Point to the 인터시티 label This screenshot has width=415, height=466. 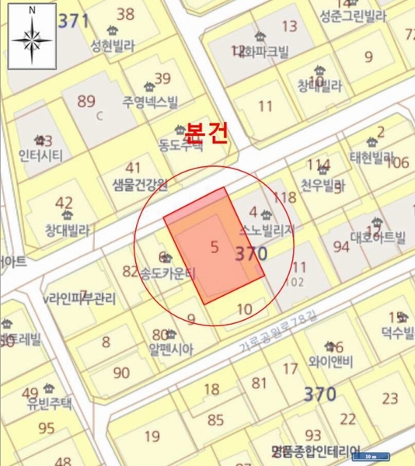pyautogui.click(x=40, y=155)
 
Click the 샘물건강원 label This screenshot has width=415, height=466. pyautogui.click(x=135, y=184)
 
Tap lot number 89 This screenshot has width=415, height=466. pyautogui.click(x=86, y=101)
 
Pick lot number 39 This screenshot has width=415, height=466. pyautogui.click(x=162, y=78)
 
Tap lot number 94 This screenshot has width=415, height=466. pyautogui.click(x=341, y=246)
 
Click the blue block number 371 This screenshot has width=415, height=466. pyautogui.click(x=74, y=21)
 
